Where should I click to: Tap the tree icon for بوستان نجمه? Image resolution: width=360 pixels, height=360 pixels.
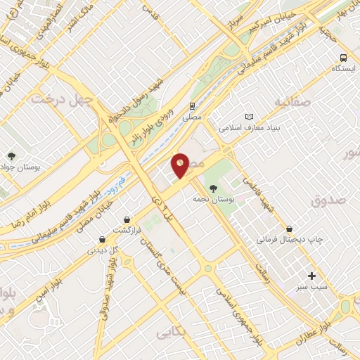tap(213, 188)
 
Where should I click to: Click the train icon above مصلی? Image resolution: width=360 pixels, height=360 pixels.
tap(192, 106)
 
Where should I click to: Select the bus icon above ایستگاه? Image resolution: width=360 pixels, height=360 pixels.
tap(343, 58)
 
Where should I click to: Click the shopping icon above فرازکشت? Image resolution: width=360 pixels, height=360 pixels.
tap(127, 219)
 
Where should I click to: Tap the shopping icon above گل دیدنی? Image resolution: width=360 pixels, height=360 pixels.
tap(103, 239)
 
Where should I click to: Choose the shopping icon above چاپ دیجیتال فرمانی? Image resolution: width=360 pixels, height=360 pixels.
tap(289, 229)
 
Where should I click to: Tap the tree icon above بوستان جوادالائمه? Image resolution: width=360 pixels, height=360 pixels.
tap(11, 155)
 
